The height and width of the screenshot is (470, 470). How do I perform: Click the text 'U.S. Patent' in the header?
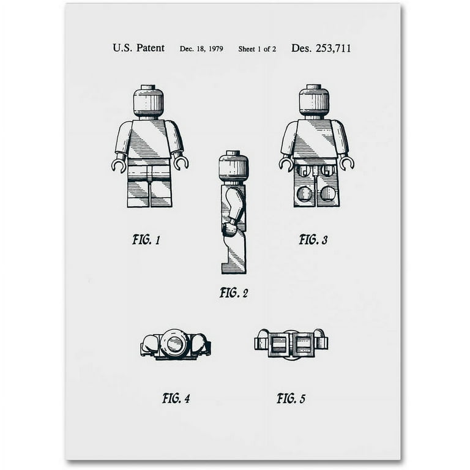coord(138,48)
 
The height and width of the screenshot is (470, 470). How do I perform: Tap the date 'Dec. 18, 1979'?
coord(201,49)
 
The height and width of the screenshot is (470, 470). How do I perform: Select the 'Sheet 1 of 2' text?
coord(257,49)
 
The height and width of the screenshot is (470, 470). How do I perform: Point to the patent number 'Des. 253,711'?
coord(321,48)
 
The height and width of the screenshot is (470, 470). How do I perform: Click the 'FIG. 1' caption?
coord(146,240)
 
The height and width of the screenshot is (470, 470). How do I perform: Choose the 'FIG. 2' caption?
coord(234,293)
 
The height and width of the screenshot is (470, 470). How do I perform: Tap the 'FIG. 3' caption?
coord(313,240)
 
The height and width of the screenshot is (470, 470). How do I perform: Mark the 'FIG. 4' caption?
coord(176,398)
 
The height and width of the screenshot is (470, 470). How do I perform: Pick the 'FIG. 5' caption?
coord(291,398)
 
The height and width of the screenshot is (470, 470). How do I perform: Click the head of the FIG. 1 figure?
coord(148,102)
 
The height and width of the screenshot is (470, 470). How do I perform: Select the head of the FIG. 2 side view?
coord(233,166)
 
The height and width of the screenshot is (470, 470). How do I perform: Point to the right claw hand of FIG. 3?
coord(347,163)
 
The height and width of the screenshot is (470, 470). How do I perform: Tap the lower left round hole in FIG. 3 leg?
coord(305,193)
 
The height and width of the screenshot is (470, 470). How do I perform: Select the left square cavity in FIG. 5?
coord(279,344)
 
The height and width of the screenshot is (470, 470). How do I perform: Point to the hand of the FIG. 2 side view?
coord(229,228)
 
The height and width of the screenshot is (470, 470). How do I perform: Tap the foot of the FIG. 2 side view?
coord(234,267)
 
